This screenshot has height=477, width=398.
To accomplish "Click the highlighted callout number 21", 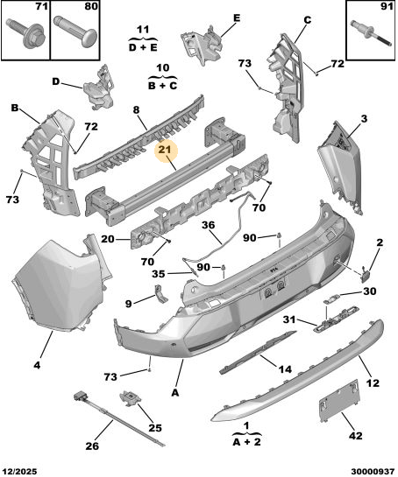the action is click(166, 150).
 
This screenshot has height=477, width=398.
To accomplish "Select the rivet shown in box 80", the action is click(75, 31).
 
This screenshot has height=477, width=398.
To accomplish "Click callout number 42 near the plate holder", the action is click(355, 435).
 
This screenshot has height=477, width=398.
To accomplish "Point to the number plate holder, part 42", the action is click(340, 400).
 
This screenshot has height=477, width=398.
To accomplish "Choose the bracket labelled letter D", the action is click(99, 88).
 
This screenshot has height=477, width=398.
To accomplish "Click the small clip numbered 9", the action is click(160, 294).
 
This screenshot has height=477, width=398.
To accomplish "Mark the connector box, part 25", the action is click(131, 398).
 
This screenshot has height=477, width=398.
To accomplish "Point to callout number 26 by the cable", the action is click(92, 445).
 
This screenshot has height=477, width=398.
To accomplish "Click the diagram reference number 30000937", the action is click(373, 472).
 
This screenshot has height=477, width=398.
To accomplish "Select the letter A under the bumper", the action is click(175, 393).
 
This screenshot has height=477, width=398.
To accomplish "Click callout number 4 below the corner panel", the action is click(37, 365).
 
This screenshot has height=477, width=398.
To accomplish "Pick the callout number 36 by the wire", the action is click(208, 225).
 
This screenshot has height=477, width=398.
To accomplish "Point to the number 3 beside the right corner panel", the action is click(364, 119).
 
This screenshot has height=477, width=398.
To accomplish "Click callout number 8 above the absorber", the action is click(136, 109).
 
